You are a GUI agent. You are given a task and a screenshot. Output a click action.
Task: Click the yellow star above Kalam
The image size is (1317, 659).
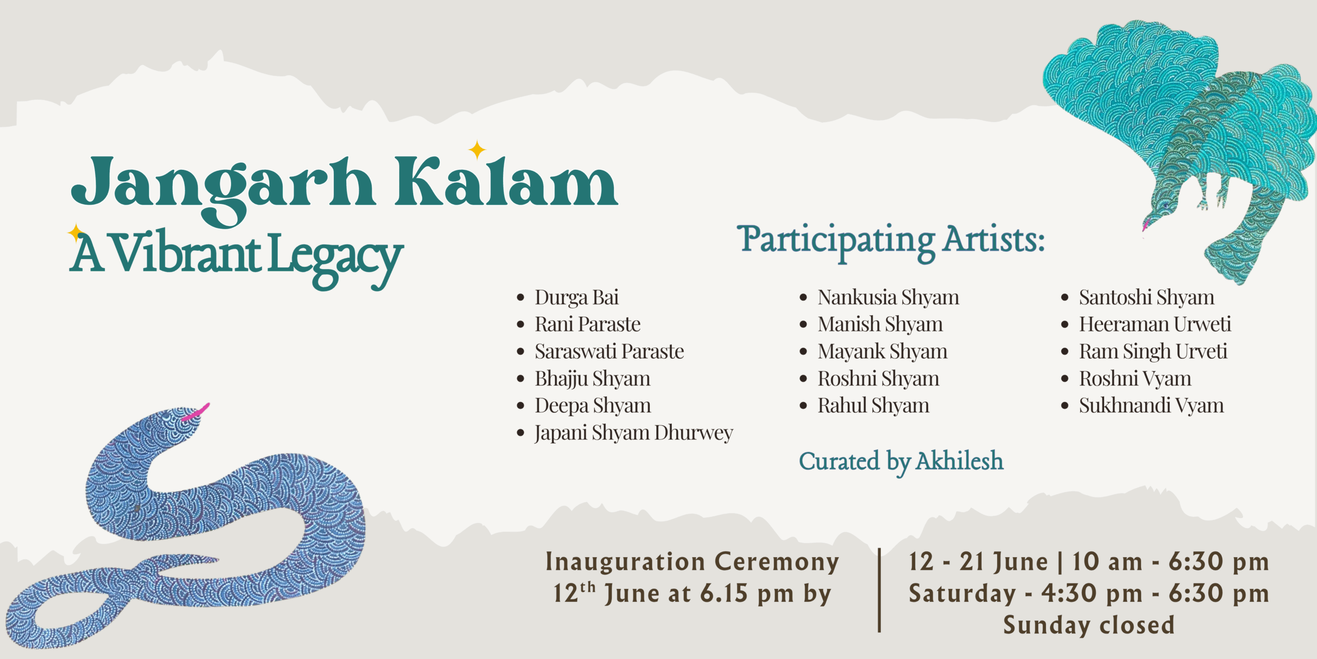(x=477, y=149)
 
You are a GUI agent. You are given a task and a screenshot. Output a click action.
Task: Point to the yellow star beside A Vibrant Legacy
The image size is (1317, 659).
(x=76, y=232)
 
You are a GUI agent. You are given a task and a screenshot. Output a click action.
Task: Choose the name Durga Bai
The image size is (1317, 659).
(x=576, y=298)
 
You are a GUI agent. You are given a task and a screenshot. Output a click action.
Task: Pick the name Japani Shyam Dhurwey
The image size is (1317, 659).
(x=634, y=433)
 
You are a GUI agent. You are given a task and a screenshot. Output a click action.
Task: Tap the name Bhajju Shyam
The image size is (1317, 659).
(x=592, y=379)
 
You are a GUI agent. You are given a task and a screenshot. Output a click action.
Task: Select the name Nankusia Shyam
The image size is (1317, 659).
(x=888, y=298)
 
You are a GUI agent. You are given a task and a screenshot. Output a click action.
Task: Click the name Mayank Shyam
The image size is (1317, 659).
(x=882, y=352)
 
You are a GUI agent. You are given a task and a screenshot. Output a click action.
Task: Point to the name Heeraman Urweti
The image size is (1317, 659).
(x=1154, y=324)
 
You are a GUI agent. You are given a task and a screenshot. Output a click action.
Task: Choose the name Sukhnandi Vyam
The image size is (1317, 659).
(x=1151, y=406)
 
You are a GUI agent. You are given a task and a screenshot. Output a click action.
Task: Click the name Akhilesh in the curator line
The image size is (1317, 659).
(x=960, y=461)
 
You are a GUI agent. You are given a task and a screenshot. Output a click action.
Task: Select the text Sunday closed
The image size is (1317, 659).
(x=1089, y=626)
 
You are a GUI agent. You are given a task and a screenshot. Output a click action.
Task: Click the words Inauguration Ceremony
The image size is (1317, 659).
(x=692, y=562)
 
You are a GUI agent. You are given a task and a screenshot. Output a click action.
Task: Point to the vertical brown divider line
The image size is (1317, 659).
(x=879, y=590)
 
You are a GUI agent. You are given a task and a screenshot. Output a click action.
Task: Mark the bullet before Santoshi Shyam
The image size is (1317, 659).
(x=1065, y=298)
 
